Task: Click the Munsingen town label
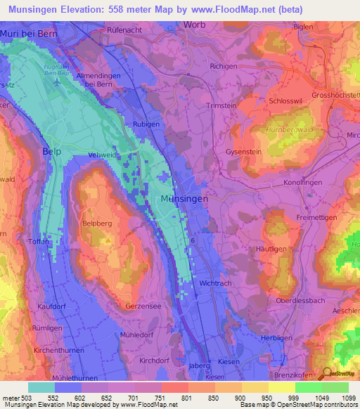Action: pyautogui.click(x=184, y=200)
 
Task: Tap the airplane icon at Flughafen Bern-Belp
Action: pyautogui.click(x=56, y=79)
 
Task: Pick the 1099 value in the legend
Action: pyautogui.click(x=340, y=398)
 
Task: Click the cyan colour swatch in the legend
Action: pyautogui.click(x=41, y=387)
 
